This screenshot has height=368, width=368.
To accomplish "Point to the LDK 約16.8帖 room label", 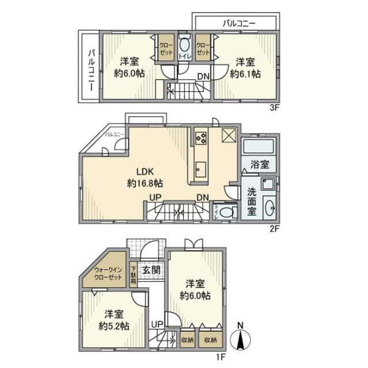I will point(144,178).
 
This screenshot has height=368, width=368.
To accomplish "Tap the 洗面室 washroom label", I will point(252,201).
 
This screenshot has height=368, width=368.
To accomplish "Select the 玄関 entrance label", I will point(151,270).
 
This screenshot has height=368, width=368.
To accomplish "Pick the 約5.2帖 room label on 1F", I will point(114,320).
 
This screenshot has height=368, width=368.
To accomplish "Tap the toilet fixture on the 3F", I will point(185,45).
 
